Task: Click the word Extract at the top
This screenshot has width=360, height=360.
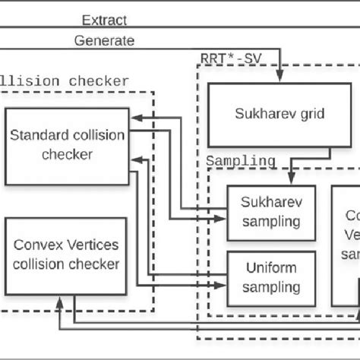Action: click(104, 21)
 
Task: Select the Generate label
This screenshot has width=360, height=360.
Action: click(104, 41)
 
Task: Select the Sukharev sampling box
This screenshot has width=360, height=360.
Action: click(264, 213)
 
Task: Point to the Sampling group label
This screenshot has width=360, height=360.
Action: click(242, 161)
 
